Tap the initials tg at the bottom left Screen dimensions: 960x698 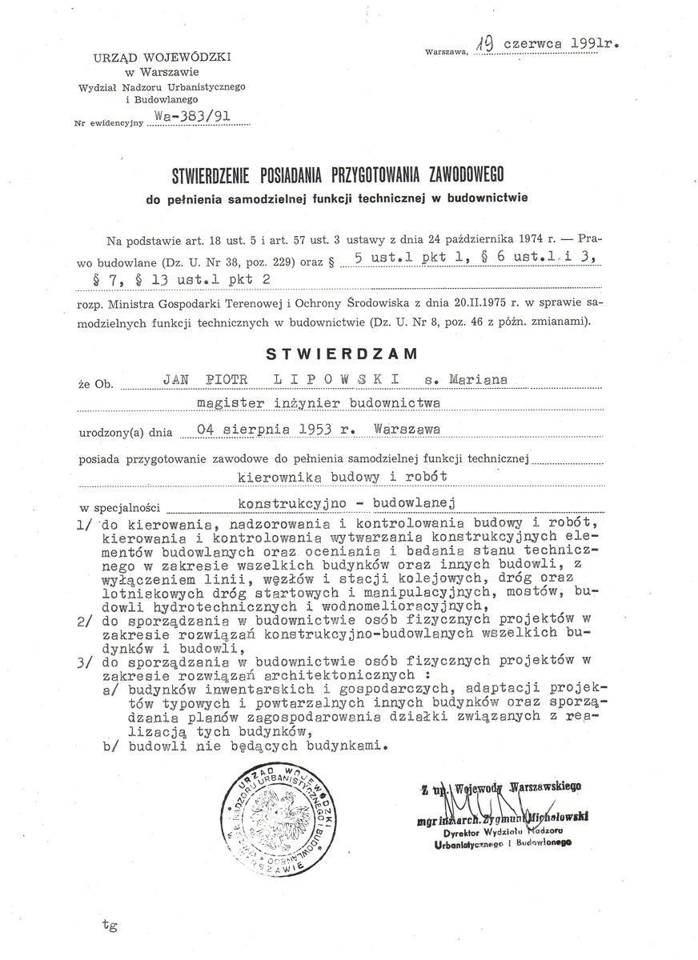click(110, 926)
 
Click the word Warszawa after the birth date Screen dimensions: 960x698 click(407, 430)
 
